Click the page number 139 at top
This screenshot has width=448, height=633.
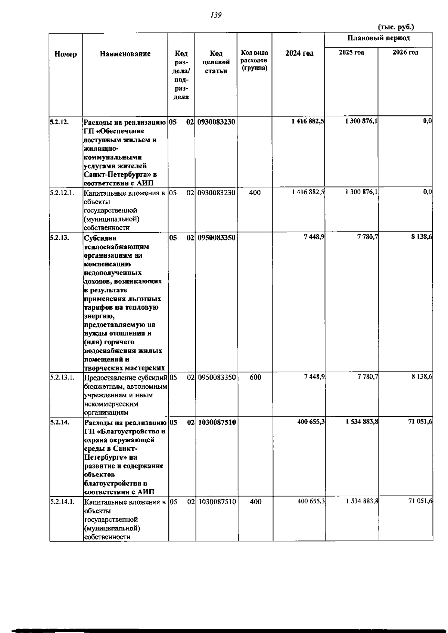tap(216, 15)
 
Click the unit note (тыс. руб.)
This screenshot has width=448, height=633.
tap(396, 27)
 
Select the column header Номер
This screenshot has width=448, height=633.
tap(66, 54)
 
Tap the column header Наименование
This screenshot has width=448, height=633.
tap(125, 54)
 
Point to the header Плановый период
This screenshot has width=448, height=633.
tap(378, 38)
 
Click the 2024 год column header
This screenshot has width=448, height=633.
tap(299, 53)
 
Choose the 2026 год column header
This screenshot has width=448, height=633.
tap(405, 52)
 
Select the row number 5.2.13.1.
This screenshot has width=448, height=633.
tap(62, 377)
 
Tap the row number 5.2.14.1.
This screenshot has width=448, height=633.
tap(62, 502)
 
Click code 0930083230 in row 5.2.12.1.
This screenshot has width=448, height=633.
tap(217, 193)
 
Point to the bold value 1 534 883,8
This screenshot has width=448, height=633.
tap(362, 422)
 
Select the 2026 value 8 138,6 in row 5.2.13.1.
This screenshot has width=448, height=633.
tap(421, 377)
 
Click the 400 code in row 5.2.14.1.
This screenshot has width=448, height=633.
tap(255, 502)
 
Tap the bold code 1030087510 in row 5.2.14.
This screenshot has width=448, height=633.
tap(217, 422)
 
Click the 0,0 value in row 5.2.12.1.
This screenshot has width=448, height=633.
tap(427, 192)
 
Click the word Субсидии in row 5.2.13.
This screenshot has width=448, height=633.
tap(100, 238)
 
